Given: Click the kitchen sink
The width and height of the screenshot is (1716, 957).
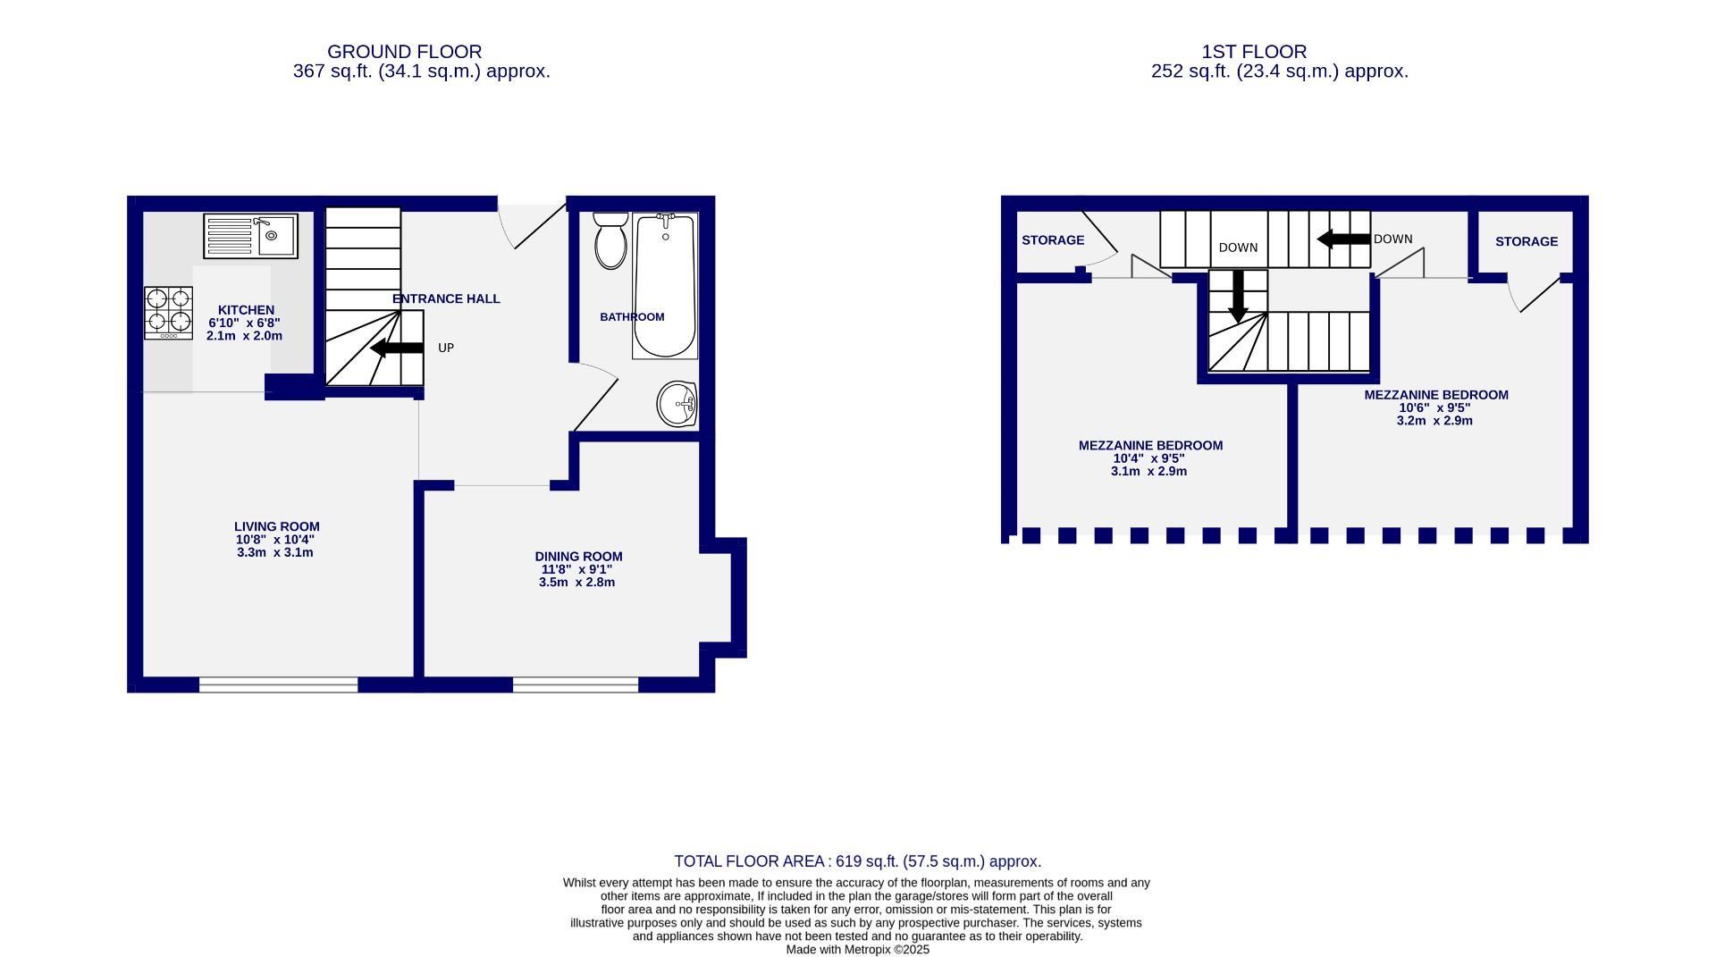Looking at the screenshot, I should pos(250,236).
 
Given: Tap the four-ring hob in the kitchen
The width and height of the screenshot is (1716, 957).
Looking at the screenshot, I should pos(169,312).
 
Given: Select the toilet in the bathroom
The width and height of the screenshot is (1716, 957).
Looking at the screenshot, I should pos(611,239).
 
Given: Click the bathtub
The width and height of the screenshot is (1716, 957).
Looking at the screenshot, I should pos(664,286).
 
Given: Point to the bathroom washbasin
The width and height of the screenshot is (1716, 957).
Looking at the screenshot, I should pos(677,404).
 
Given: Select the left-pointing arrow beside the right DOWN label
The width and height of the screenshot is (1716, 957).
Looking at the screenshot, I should pos(1343,239).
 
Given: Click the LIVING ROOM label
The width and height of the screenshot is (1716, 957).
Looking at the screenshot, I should pos(276,527).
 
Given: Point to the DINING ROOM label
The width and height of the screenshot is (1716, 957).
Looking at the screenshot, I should pos(578,556).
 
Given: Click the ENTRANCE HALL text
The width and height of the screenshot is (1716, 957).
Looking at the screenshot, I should pos(446,299).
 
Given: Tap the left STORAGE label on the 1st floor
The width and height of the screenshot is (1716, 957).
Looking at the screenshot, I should pos(1053,240).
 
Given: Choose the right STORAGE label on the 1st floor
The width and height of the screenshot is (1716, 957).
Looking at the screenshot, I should pos(1526,241).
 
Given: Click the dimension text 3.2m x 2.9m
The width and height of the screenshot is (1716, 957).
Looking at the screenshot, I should pos(1434,421).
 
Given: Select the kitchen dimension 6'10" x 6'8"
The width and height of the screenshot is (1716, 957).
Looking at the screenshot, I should pos(244,323).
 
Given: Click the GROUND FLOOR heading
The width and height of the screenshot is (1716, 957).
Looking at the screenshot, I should pos(404,52).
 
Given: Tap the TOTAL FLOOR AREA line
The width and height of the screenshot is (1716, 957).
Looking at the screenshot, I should pos(857,861).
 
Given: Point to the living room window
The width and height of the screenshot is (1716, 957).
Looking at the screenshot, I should pos(278,684).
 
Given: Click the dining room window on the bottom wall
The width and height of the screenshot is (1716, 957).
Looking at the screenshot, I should pos(576,684).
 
